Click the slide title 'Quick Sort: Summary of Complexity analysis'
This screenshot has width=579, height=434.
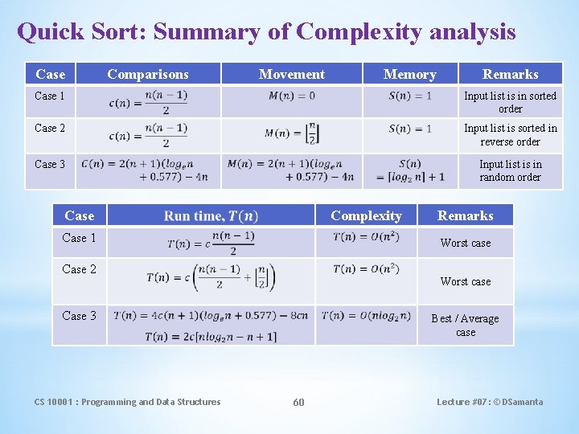(266, 32)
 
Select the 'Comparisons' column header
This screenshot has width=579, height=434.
(148, 74)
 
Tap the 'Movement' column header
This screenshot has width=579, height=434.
(292, 74)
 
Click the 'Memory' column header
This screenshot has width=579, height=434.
(409, 74)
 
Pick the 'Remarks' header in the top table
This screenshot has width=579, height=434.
(510, 74)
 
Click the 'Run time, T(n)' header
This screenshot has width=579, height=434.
(211, 215)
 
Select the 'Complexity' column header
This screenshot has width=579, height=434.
(366, 215)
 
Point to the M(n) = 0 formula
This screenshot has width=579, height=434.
(291, 96)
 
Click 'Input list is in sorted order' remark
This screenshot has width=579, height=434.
(510, 102)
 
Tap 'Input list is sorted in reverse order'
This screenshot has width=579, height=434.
(510, 134)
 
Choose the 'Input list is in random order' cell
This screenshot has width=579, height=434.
(510, 170)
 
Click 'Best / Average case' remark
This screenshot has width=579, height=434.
(465, 325)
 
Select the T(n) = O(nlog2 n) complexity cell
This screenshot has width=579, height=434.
(365, 315)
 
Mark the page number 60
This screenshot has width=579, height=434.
(298, 402)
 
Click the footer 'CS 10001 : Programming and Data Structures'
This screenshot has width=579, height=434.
(127, 402)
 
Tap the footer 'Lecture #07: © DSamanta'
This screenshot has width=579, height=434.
(490, 402)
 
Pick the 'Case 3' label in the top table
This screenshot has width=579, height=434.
(50, 164)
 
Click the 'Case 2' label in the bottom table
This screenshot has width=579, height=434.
(79, 269)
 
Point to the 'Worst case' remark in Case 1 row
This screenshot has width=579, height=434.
(465, 243)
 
